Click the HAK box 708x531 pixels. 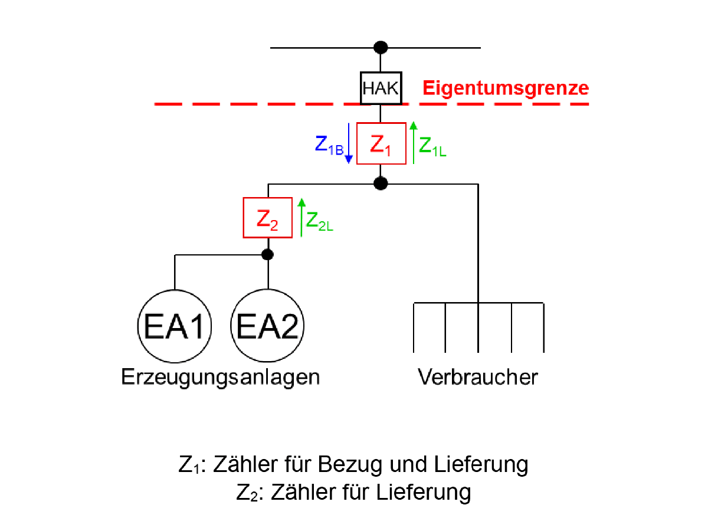(381, 88)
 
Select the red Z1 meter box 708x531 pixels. (381, 143)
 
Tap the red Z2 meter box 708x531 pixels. (268, 218)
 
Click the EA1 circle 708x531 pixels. (174, 326)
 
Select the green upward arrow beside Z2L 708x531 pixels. (301, 218)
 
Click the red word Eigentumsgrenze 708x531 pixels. (506, 88)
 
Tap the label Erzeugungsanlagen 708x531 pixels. (220, 377)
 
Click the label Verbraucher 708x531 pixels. (478, 377)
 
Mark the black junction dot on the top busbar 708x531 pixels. (381, 47)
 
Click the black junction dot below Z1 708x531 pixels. (381, 183)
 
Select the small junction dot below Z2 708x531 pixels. (268, 255)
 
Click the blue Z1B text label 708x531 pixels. (328, 146)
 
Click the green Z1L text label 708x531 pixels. (432, 146)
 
